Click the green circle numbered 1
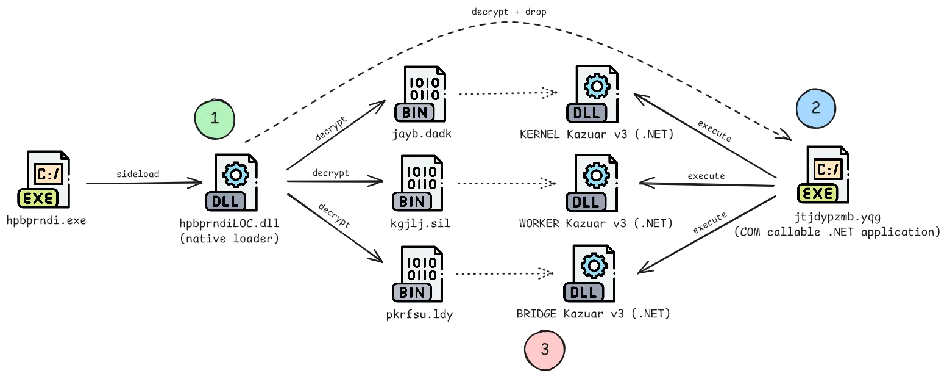[215, 119]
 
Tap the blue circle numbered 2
[815, 108]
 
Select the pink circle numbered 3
[544, 350]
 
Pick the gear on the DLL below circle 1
[235, 175]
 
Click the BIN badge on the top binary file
[415, 112]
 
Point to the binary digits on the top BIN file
[424, 88]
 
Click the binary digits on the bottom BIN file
[421, 267]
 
